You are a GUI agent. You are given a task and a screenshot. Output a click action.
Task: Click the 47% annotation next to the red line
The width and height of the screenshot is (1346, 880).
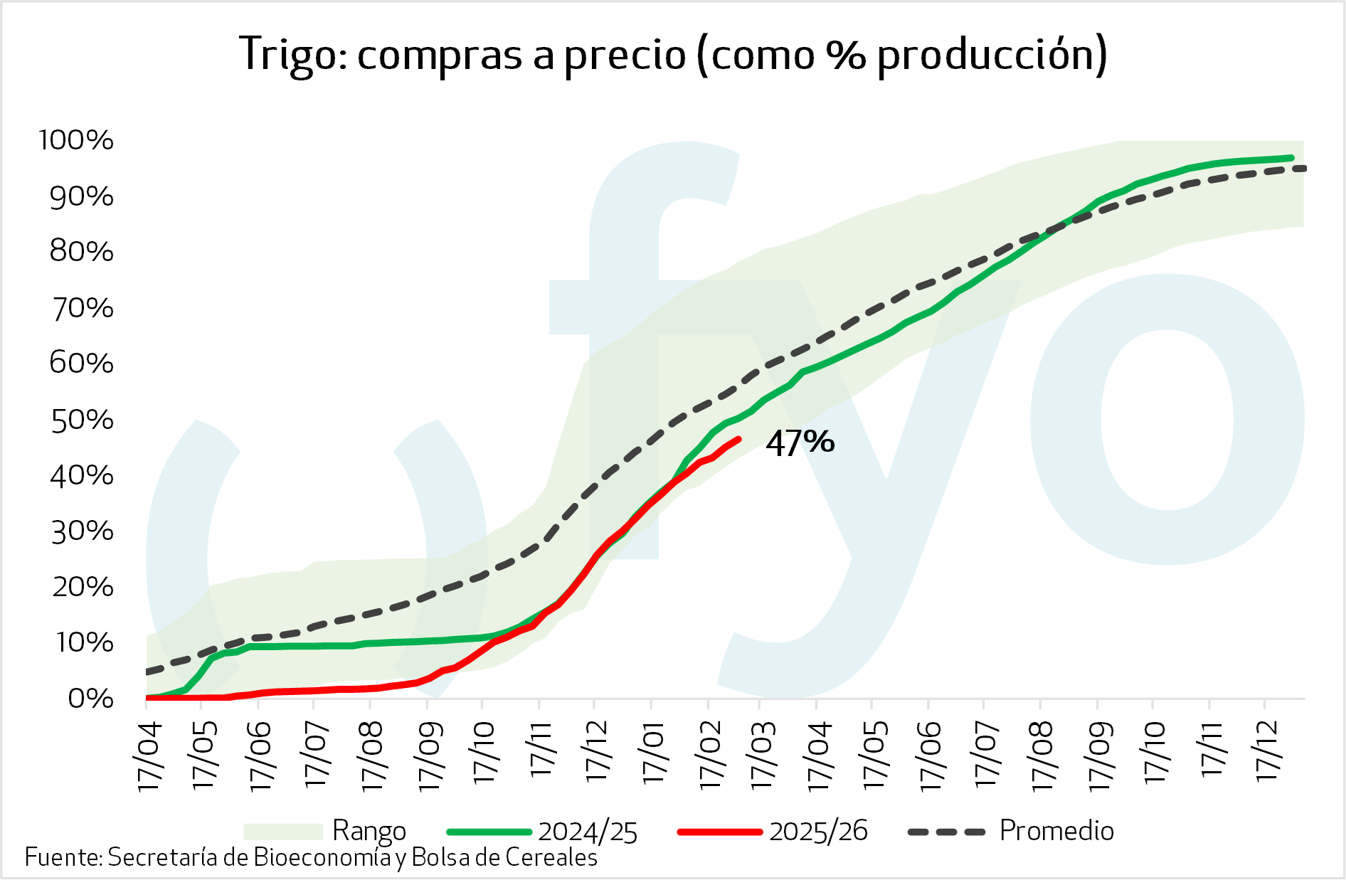[x=800, y=442]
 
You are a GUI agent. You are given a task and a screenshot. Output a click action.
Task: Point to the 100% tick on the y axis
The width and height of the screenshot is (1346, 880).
[x=76, y=140]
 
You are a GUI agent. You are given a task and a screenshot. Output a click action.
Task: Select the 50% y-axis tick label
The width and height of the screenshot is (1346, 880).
[x=82, y=420]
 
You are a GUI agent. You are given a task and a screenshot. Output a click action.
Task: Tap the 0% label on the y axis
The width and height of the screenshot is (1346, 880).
[x=90, y=699]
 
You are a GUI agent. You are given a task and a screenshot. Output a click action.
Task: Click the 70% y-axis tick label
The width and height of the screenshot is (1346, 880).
[x=82, y=308]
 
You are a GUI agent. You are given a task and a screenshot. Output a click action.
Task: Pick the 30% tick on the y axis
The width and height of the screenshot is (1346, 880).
[x=82, y=531]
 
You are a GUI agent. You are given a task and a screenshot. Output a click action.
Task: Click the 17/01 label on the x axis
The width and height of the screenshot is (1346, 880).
[x=652, y=753]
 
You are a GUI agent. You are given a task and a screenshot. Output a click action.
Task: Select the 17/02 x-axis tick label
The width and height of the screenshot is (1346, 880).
[x=709, y=755]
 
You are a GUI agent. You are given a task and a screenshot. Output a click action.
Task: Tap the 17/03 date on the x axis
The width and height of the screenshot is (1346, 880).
[x=762, y=755]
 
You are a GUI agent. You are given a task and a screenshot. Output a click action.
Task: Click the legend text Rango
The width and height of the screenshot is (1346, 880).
[x=369, y=831]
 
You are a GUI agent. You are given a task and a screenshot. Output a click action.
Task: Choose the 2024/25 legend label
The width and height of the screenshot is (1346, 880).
[x=588, y=832]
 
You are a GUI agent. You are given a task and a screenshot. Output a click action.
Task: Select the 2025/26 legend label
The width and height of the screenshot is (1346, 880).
[x=818, y=831]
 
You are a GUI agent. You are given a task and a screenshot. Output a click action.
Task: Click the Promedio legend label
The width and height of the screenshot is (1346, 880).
[x=1056, y=830]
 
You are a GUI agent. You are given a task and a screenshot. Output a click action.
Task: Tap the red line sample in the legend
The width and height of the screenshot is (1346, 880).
[x=719, y=832]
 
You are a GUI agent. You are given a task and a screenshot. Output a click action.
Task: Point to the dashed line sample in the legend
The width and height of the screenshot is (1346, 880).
[x=947, y=832]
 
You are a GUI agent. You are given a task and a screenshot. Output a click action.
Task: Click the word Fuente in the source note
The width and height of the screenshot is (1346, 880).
[x=63, y=857]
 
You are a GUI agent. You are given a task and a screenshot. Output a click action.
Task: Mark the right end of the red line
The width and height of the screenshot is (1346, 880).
[x=740, y=439]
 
